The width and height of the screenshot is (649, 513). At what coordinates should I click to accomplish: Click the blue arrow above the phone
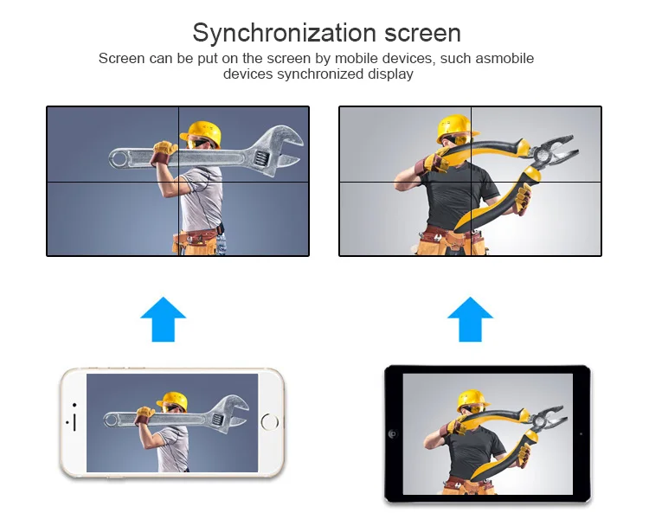[x=163, y=319]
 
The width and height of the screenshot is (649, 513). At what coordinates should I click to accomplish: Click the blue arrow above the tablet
[x=470, y=319]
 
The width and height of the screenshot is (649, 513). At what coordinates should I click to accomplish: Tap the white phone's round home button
[x=270, y=422]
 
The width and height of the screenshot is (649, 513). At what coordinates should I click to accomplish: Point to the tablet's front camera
[x=393, y=434]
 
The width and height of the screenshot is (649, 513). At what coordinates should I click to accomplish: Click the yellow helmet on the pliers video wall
[x=455, y=127]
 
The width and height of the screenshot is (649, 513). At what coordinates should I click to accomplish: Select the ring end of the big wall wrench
[x=119, y=158]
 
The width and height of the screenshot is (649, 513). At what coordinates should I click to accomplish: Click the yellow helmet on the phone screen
[x=173, y=401]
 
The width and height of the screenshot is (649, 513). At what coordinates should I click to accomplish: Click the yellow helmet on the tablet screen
[x=472, y=400]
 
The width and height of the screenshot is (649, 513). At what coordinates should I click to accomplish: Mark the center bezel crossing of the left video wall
[x=178, y=182]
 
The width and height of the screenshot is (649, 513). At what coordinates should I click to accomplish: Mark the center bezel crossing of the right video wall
[x=471, y=182]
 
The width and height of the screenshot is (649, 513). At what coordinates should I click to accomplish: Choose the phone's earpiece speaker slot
[x=74, y=422]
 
